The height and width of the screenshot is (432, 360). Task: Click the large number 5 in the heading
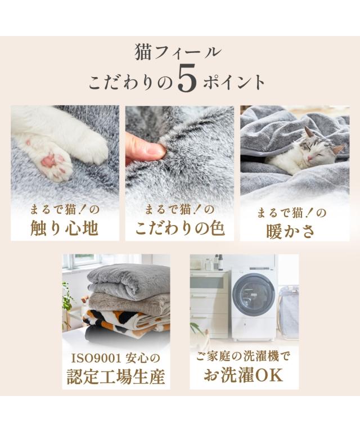(x=187, y=79)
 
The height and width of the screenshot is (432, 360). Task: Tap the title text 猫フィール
(x=178, y=52)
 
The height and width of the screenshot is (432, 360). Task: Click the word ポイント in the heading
(x=235, y=81)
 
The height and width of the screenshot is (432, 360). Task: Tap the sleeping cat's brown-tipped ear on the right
(x=337, y=149)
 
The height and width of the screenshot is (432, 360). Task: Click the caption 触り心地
(x=65, y=228)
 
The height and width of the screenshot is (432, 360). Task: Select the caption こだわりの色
(x=179, y=228)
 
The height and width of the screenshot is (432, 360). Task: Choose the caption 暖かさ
(x=291, y=231)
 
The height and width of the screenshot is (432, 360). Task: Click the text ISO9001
(x=96, y=359)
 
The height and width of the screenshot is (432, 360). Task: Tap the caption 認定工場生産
(x=116, y=376)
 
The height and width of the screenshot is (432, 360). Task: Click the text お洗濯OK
(x=244, y=375)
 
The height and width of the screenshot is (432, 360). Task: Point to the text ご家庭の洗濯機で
(x=243, y=357)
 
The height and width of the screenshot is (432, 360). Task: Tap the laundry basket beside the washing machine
(x=288, y=310)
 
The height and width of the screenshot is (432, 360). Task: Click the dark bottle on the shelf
(x=220, y=262)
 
